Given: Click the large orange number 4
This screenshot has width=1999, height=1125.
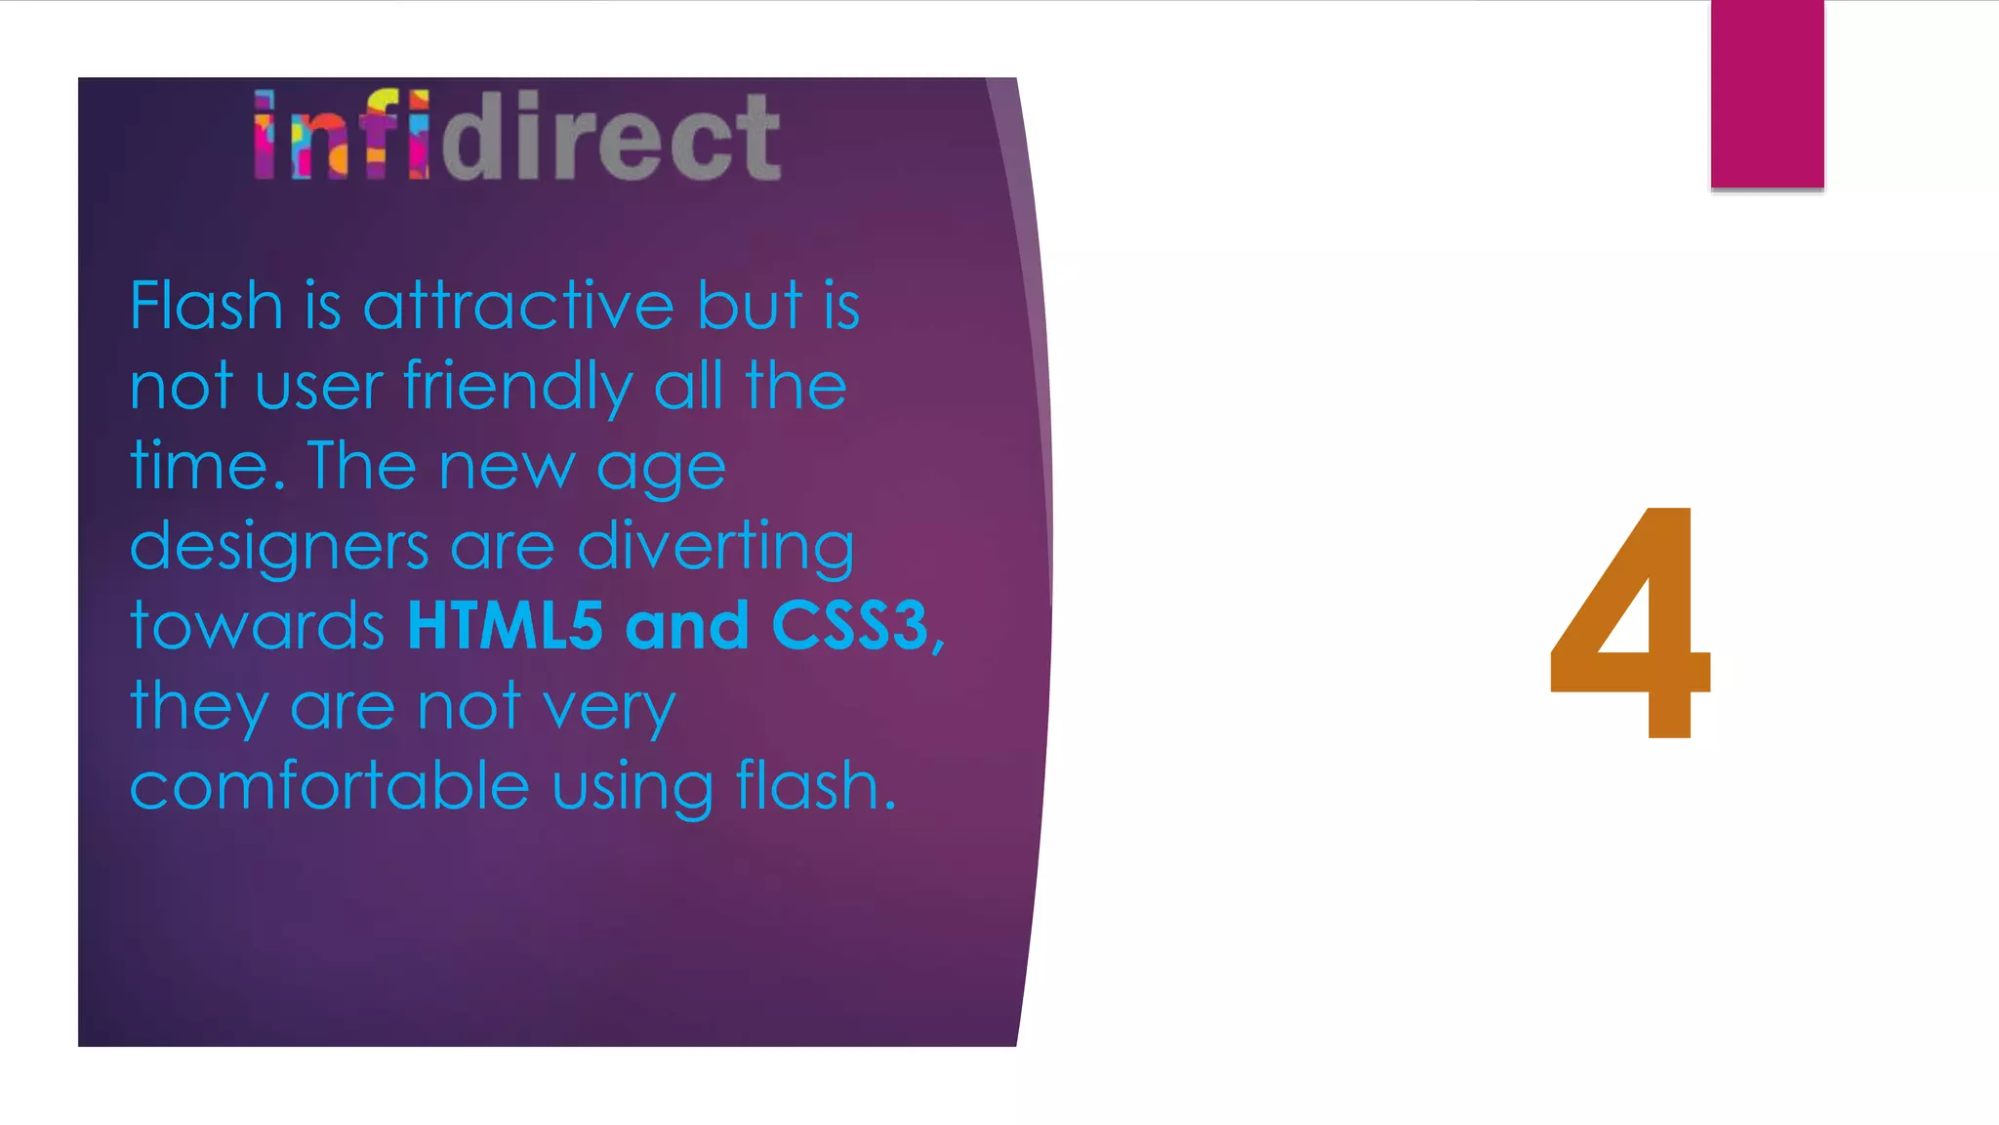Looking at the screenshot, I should click(x=1630, y=625).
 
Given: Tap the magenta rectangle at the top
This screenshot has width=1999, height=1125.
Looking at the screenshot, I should click(x=1767, y=94).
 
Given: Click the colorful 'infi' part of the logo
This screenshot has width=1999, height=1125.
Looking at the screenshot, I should click(x=342, y=136).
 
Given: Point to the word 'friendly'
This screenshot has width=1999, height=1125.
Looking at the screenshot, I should click(x=518, y=388).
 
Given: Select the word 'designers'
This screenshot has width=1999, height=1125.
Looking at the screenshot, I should click(x=279, y=548).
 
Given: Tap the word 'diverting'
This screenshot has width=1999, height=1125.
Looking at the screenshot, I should click(x=716, y=548).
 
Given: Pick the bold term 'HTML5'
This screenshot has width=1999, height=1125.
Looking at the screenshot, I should click(x=506, y=626).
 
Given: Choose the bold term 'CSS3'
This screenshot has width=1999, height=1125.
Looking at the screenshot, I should click(x=849, y=626).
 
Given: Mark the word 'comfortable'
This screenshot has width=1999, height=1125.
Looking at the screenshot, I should click(x=330, y=786).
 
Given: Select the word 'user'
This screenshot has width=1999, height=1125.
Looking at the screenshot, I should click(x=318, y=388).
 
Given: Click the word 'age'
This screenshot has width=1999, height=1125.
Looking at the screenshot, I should click(x=661, y=470).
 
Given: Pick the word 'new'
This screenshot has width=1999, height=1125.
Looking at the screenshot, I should click(x=507, y=468).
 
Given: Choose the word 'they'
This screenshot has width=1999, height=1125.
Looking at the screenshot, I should click(x=199, y=708).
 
